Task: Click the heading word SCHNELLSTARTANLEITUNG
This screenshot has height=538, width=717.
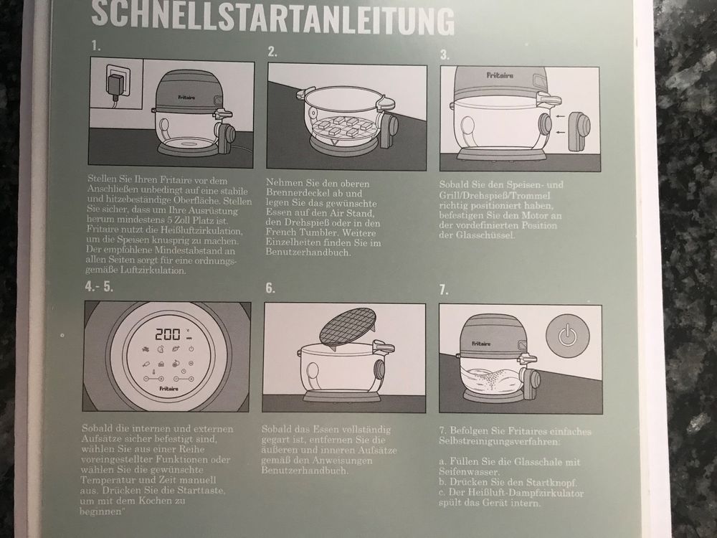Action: pos(273,17)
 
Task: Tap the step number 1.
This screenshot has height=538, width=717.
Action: pos(95,46)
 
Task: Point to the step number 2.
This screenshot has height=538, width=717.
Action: pos(272,52)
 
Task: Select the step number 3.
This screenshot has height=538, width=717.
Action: pos(445,55)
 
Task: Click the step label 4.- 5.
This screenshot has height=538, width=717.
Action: pos(99,287)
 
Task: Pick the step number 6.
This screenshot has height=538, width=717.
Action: pos(270,288)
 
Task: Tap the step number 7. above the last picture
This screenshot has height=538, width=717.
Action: pos(444,290)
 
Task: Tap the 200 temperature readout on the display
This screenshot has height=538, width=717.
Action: pos(168,334)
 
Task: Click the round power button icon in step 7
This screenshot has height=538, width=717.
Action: pos(567,335)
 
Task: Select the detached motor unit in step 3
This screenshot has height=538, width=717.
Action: pos(579,129)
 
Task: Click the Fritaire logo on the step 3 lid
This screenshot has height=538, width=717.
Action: pos(499,75)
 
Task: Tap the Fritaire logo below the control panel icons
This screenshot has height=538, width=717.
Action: pos(169,389)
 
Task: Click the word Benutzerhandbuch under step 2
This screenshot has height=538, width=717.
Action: pos(308,253)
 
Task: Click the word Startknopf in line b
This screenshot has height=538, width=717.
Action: pos(551,482)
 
